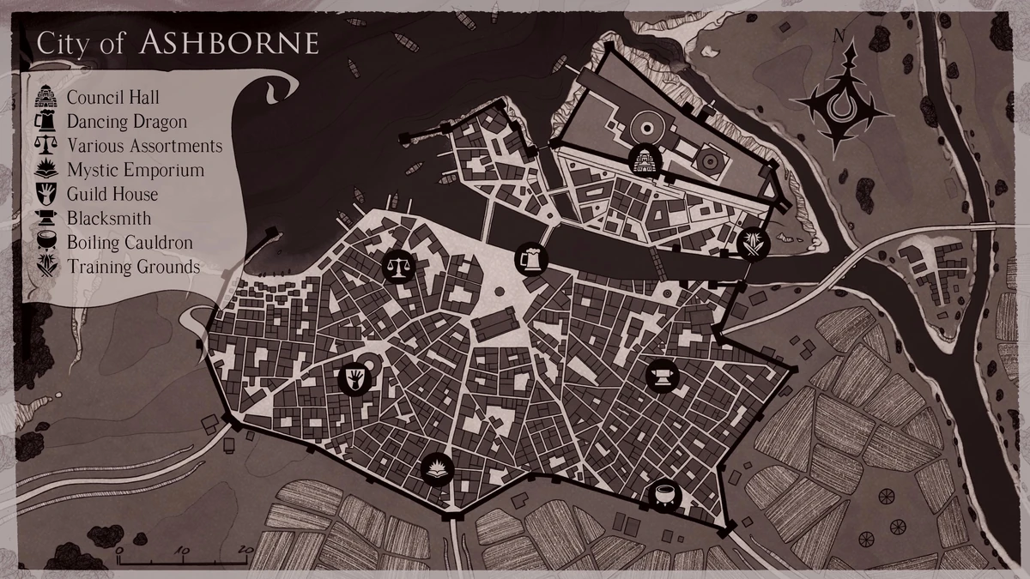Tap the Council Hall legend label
tap(112, 99)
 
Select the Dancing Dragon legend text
tap(126, 122)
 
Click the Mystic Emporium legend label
tap(135, 170)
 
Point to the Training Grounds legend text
tap(133, 267)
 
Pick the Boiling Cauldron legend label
tap(129, 243)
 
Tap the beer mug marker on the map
tap(530, 256)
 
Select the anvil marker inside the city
tap(662, 375)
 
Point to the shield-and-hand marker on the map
tap(354, 377)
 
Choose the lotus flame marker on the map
tap(436, 469)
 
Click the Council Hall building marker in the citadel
tap(644, 160)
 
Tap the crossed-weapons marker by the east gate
tap(753, 244)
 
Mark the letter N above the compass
tap(839, 37)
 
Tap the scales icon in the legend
tap(45, 145)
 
